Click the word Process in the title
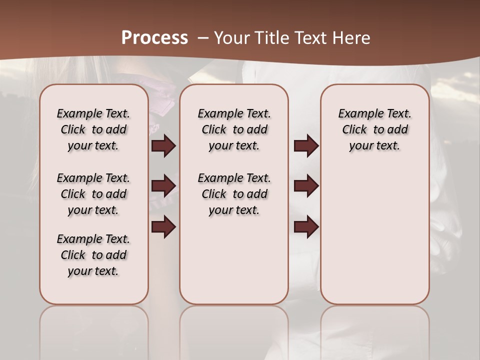pos(154,37)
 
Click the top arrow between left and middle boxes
pos(163,146)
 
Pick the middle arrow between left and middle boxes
pos(163,186)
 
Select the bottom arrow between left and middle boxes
pos(163,227)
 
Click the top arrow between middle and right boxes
pos(306,146)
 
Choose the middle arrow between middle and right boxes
pos(306,186)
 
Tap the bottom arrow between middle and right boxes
pos(306,227)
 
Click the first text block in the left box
pos(93,129)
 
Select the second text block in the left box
pos(93,194)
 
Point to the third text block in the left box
pos(93,255)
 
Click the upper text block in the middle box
pos(234,129)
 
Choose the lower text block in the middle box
pos(234,194)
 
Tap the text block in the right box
pos(374,129)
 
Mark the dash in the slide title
pos(203,37)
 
